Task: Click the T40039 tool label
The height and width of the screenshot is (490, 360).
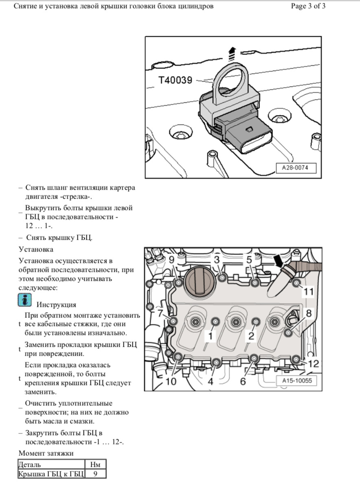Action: tap(175, 81)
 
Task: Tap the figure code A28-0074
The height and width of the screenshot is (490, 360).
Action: tap(296, 167)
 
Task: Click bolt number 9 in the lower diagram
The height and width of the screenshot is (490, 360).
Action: tap(171, 260)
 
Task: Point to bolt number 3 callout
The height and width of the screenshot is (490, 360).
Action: tap(217, 259)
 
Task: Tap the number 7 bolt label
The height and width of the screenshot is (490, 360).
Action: tap(159, 313)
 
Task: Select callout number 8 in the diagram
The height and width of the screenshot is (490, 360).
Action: tap(308, 313)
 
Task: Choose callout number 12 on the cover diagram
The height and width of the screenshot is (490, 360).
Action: tap(314, 363)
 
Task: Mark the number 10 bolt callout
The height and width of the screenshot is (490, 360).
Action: tap(171, 381)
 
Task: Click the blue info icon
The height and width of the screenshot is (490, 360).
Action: tap(25, 301)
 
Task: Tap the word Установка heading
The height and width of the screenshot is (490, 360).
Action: tap(36, 249)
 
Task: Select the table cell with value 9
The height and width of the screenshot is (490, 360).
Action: tap(95, 474)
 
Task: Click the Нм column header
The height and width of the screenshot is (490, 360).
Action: tap(95, 464)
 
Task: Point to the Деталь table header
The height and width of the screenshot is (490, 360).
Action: tap(30, 464)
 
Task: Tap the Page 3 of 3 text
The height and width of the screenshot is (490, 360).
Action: tap(308, 7)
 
